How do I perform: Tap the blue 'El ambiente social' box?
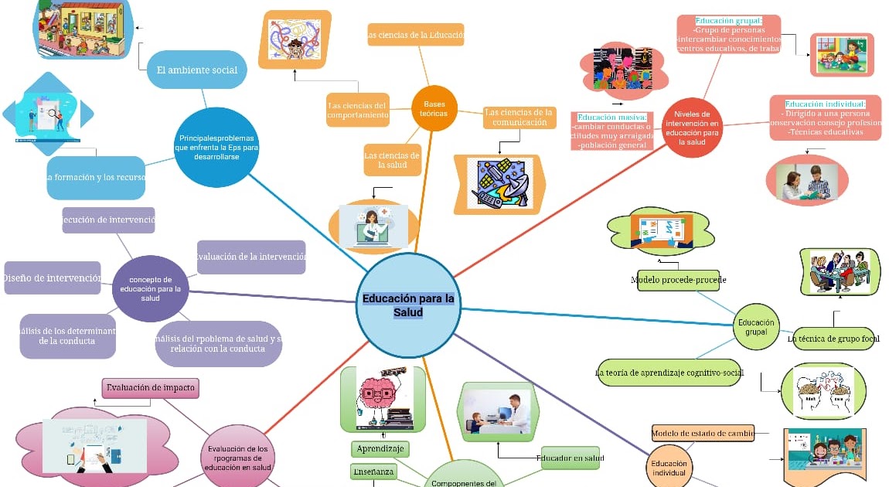196,70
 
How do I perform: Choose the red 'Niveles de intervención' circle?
692,128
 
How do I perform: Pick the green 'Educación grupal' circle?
756,327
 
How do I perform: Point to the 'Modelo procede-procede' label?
678,280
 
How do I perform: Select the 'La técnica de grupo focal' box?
833,339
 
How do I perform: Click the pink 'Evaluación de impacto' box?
152,387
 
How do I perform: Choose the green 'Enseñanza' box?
373,472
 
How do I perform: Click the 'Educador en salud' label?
570,458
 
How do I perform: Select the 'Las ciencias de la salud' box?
392,160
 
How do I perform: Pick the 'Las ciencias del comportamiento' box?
357,110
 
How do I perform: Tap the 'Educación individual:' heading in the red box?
825,104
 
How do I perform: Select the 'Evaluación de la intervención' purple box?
251,257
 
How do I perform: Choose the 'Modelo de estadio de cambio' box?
702,434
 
